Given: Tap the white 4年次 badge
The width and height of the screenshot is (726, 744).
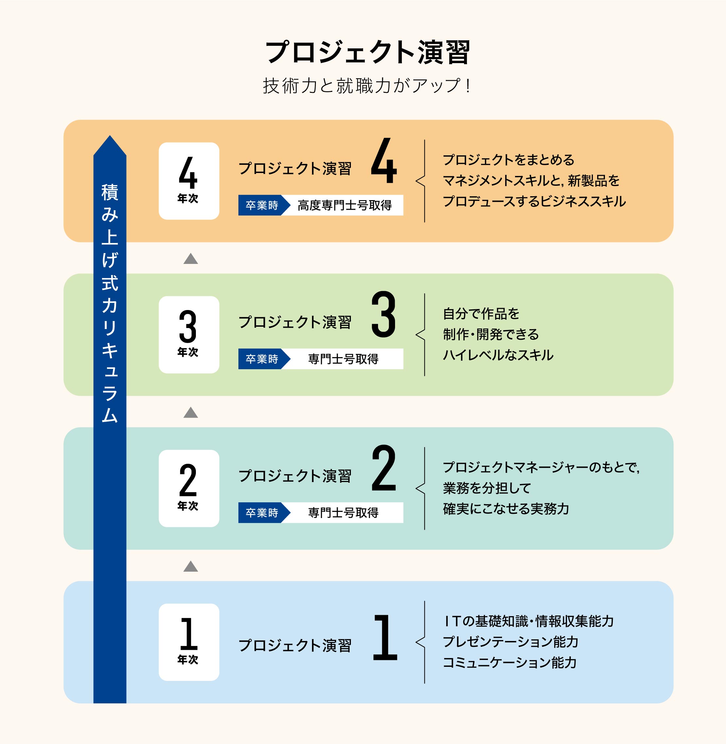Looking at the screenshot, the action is pos(189,181).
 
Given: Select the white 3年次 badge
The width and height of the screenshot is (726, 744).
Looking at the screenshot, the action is pos(189,335).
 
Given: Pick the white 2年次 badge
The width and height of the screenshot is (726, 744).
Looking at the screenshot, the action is pos(189,488).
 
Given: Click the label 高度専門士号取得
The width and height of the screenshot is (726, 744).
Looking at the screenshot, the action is pos(344,205).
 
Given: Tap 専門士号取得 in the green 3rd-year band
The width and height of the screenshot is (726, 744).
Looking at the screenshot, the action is pos(343,359).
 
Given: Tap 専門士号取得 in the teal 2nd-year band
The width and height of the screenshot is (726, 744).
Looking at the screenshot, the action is pos(343,512).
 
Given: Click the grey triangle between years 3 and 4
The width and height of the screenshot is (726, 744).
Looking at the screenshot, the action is pos(191,259).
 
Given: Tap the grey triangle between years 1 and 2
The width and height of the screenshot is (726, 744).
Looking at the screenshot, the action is pos(191,566).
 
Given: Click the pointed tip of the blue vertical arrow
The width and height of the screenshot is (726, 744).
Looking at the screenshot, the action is pos(110,135).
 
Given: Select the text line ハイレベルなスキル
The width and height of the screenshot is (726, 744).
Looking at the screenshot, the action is pos(498,355).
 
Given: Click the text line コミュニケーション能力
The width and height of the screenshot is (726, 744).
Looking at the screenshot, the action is pos(510,662).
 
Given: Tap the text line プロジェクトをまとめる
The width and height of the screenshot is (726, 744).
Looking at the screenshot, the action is pos(508,160).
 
